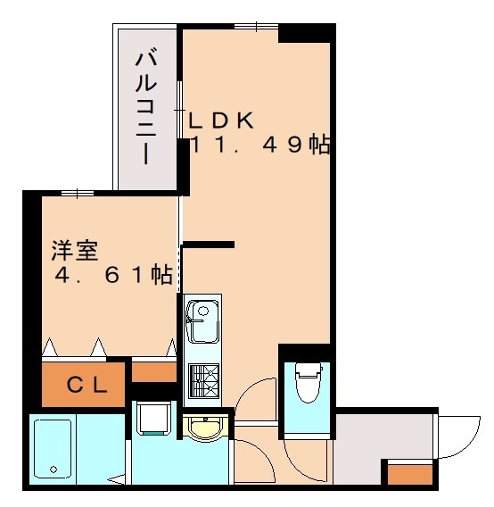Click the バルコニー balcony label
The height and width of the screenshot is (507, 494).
pyautogui.click(x=147, y=108)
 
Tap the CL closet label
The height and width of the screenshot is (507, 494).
pyautogui.click(x=87, y=386)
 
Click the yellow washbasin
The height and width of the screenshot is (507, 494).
pyautogui.click(x=204, y=428)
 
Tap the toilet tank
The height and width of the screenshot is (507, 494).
pyautogui.click(x=306, y=368)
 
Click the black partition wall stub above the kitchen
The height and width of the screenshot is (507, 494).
pyautogui.click(x=209, y=244)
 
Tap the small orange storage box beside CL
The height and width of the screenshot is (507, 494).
pyautogui.click(x=153, y=370)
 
